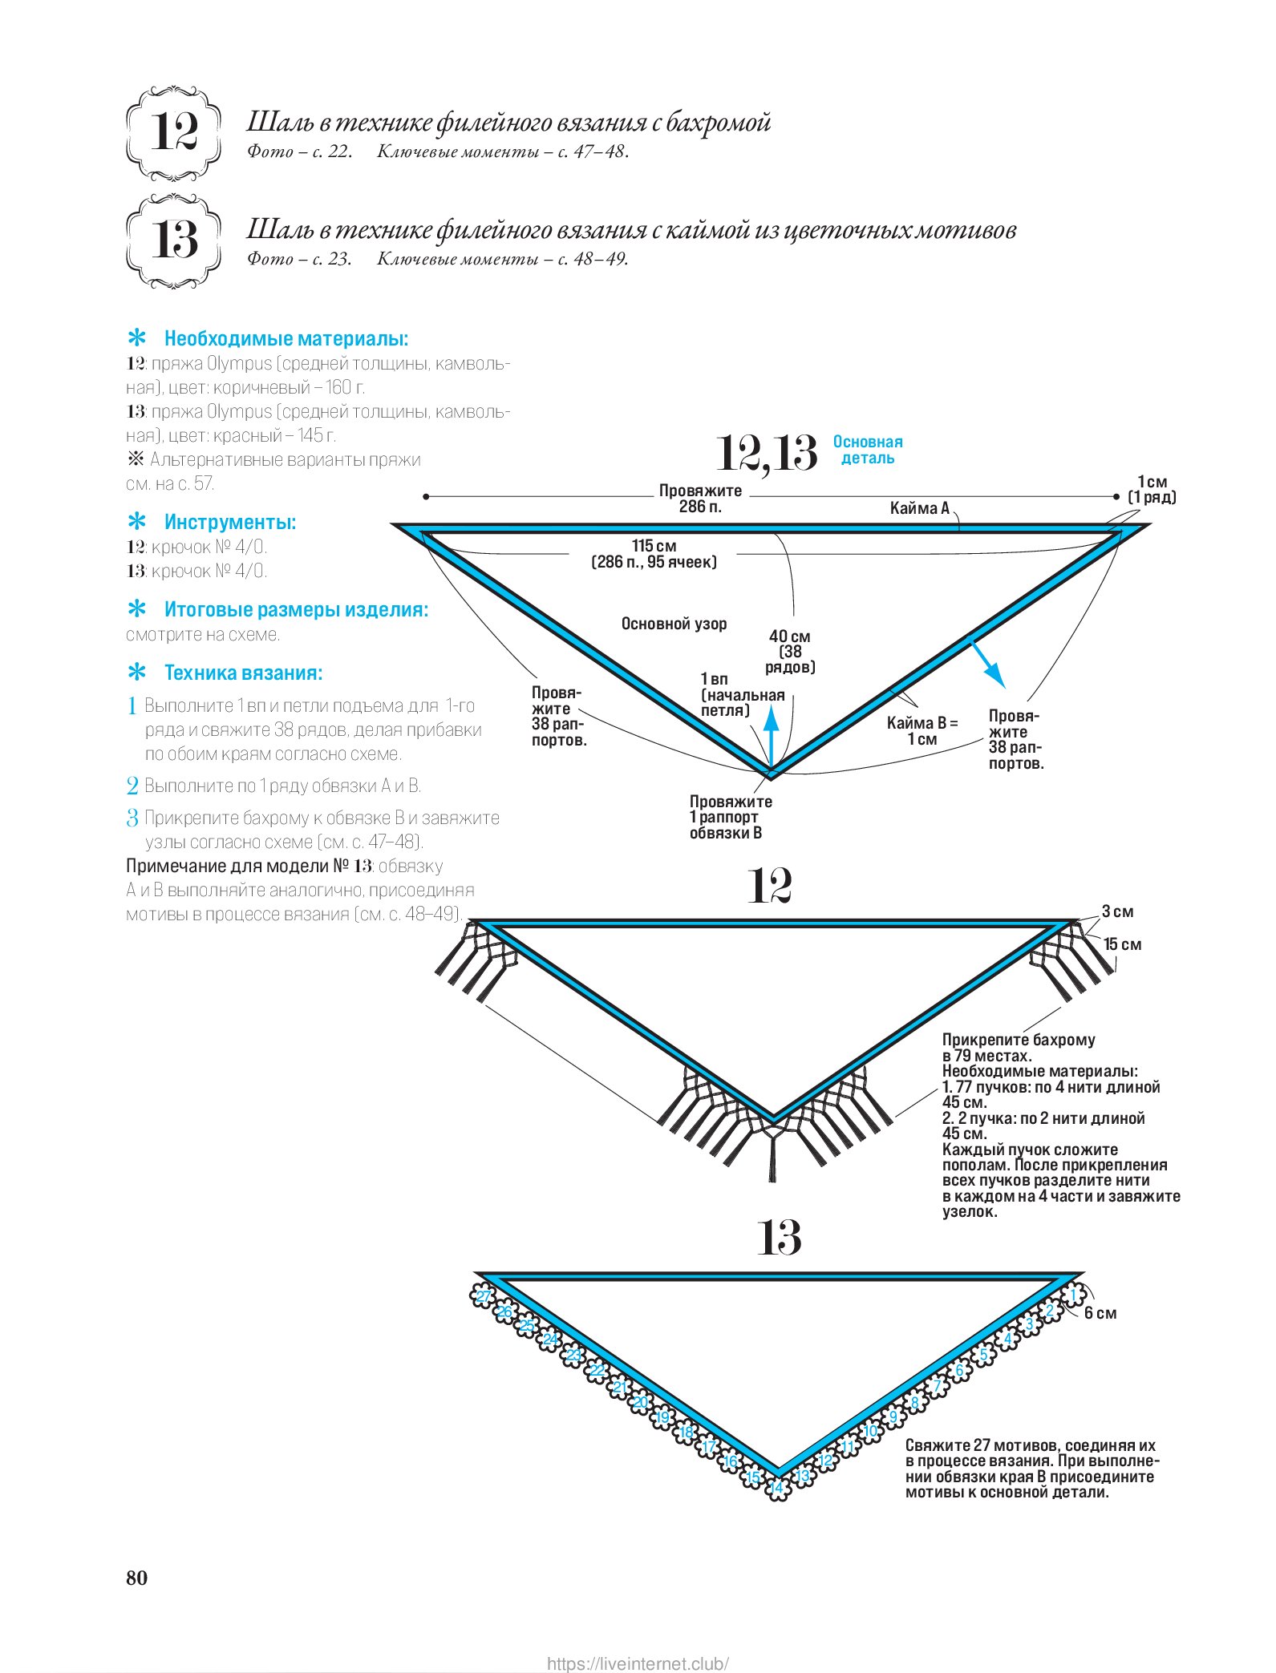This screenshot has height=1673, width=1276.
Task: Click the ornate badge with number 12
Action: [x=173, y=132]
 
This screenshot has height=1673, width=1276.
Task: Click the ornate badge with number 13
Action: [x=173, y=240]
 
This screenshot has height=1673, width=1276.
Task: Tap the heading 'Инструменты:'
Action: [x=229, y=523]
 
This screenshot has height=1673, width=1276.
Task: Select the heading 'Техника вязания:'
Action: [x=243, y=673]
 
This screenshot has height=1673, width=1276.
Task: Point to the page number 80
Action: [x=137, y=1578]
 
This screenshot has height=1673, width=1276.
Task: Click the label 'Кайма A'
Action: [x=919, y=508]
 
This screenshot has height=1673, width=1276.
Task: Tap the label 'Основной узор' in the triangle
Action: [x=674, y=624]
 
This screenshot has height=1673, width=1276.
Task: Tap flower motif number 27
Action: [x=484, y=1297]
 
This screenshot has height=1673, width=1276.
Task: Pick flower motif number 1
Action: [x=1073, y=1294]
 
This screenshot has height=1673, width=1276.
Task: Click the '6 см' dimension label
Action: [x=1100, y=1313]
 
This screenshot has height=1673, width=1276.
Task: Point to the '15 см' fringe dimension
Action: [x=1122, y=944]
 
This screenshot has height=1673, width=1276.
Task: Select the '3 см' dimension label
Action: [x=1117, y=911]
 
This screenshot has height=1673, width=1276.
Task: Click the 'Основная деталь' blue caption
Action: [x=868, y=450]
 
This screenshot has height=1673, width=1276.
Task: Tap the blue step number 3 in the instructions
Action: [x=132, y=818]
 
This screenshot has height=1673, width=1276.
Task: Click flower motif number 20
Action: [x=640, y=1403]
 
